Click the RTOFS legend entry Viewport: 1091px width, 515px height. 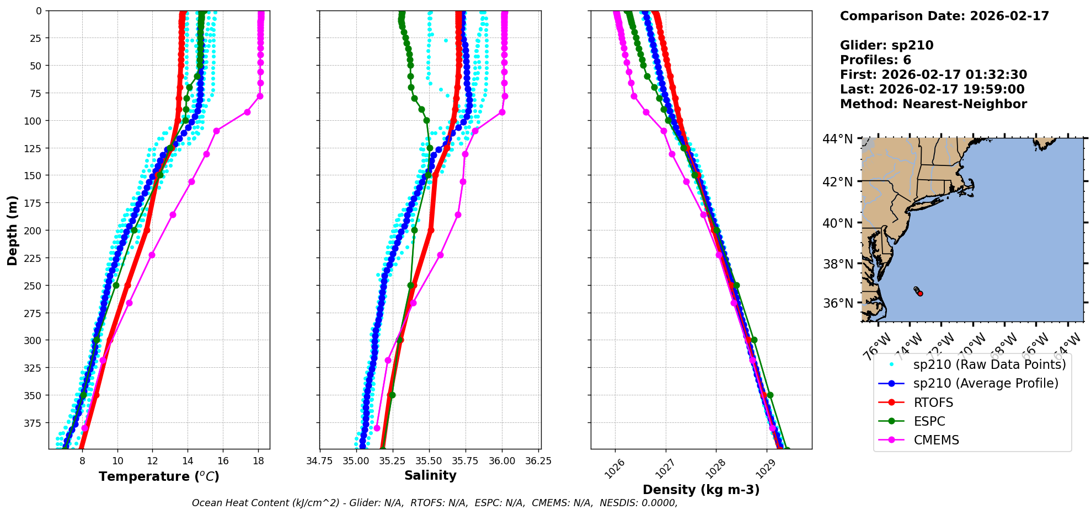coord(933,403)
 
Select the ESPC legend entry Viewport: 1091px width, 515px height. coord(929,421)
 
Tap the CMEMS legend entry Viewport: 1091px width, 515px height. coord(936,440)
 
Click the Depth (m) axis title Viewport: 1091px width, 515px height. coord(12,230)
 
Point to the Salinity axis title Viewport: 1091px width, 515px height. coord(430,475)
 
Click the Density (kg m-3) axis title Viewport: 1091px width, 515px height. coord(701,490)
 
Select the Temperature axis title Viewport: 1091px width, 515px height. coord(159,476)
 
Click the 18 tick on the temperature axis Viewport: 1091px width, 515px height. coord(258,461)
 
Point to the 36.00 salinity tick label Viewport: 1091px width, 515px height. coord(501,461)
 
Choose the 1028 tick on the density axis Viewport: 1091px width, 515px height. coord(715,469)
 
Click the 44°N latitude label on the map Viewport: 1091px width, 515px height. coord(838,139)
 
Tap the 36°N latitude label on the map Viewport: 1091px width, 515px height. coord(838,303)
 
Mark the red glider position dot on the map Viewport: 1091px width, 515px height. coord(920,293)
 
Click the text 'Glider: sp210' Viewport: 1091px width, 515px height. coord(886,45)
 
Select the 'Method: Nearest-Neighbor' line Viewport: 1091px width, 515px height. coord(933,104)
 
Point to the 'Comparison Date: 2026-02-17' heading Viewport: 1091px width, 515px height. coord(944,16)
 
